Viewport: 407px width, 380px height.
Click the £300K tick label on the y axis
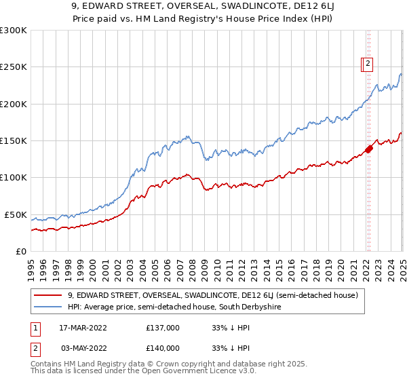click(14, 31)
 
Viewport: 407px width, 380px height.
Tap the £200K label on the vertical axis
click(14, 104)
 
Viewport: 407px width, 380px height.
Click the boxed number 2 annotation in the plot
click(367, 64)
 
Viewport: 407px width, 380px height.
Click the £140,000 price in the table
click(162, 347)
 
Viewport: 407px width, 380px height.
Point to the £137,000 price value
click(162, 327)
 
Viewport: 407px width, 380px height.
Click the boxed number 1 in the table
click(36, 327)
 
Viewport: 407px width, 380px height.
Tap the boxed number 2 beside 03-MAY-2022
click(36, 347)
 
